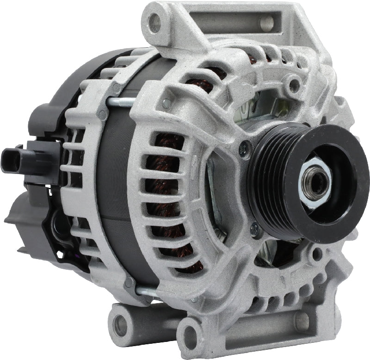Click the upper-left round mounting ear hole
tap(155, 22)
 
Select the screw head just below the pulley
tap(254, 228)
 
